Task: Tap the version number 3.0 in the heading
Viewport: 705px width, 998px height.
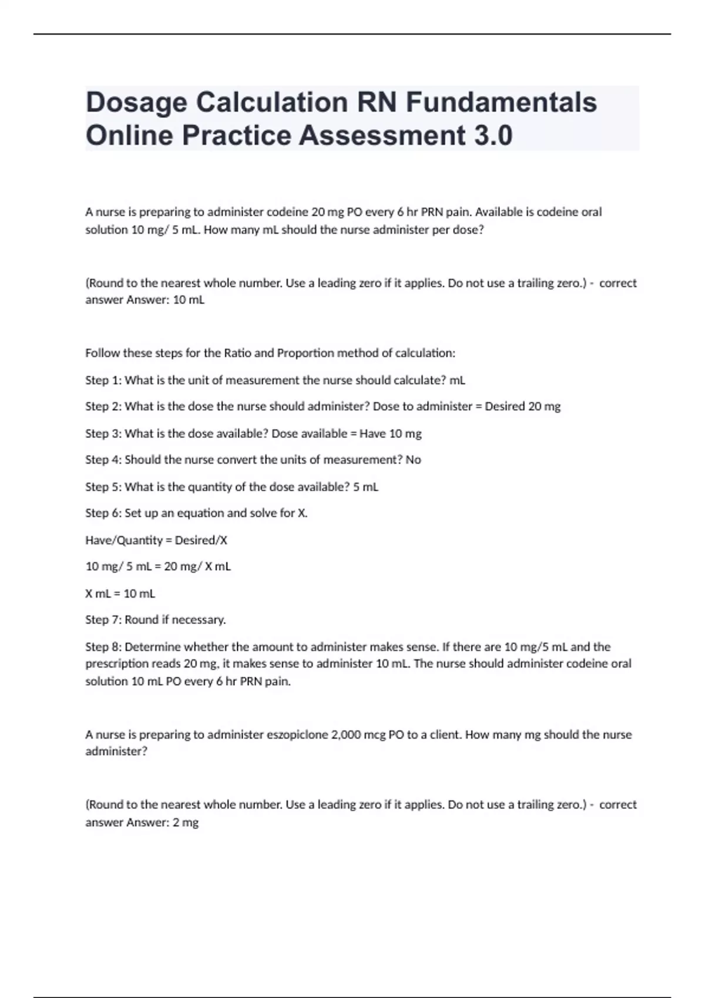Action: click(x=492, y=136)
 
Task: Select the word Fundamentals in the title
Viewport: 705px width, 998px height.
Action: click(x=501, y=103)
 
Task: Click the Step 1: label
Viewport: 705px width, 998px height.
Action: click(x=103, y=380)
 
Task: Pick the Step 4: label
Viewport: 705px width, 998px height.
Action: click(x=103, y=460)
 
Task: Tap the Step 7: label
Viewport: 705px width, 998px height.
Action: click(x=103, y=620)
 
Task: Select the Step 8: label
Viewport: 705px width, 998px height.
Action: click(x=103, y=647)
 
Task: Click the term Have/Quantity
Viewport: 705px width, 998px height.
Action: click(x=124, y=540)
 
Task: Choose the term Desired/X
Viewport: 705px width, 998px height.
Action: click(x=201, y=540)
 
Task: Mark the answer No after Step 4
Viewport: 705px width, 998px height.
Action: click(x=414, y=460)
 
